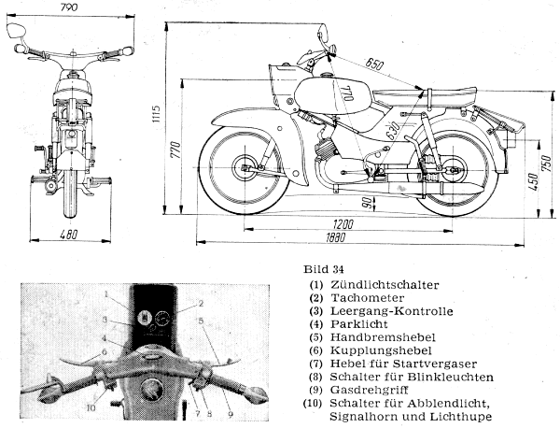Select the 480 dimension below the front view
click(x=68, y=235)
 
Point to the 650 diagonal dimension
click(x=374, y=64)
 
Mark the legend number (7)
click(x=315, y=364)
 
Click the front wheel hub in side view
click(x=246, y=169)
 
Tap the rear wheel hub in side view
click(x=454, y=171)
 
